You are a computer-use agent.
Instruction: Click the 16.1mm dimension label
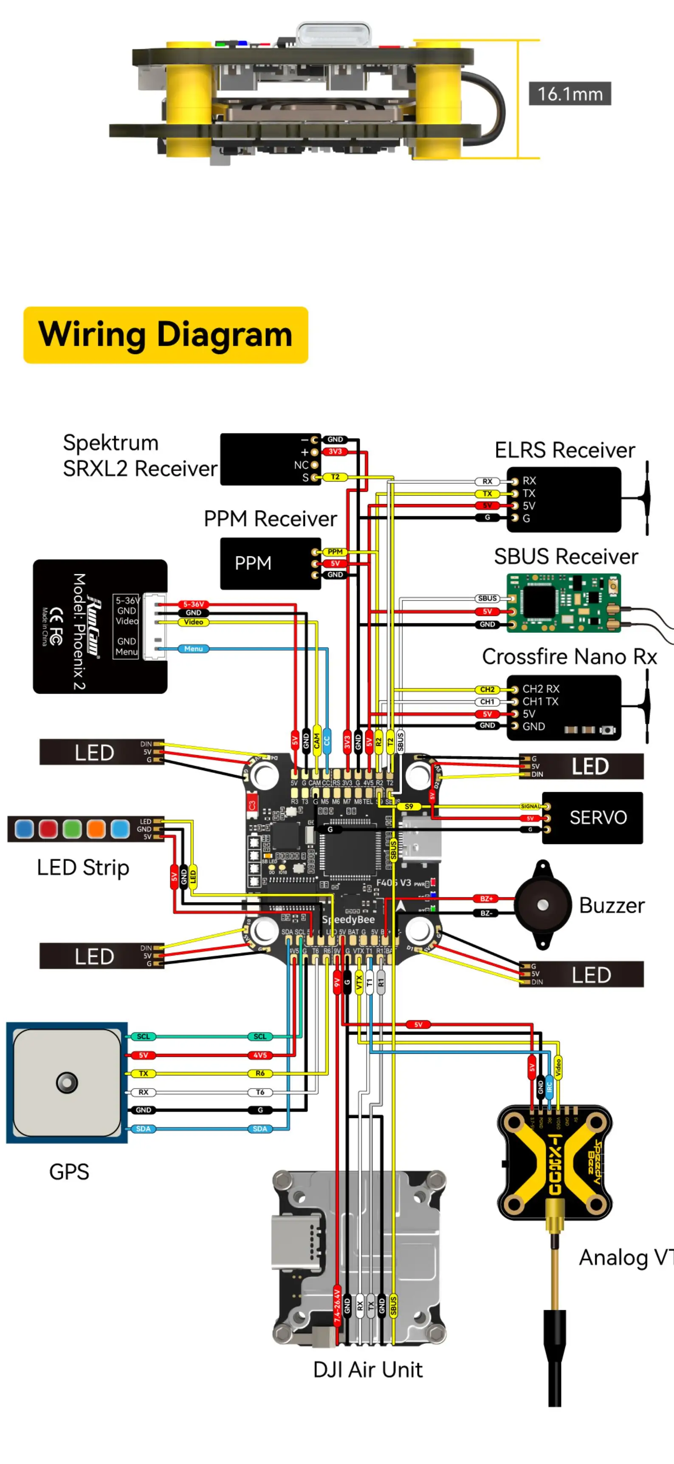(570, 94)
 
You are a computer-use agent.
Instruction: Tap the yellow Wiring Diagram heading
(165, 335)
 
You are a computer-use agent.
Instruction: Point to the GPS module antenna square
(67, 1082)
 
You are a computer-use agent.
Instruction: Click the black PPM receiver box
(271, 563)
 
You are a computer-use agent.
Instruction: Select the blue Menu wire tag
(193, 649)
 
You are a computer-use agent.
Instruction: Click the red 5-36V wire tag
(193, 604)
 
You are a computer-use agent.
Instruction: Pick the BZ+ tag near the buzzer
(486, 899)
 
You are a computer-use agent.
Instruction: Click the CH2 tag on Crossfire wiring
(487, 689)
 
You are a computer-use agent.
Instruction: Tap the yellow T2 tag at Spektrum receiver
(335, 477)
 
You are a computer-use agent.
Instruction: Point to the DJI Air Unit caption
(368, 1370)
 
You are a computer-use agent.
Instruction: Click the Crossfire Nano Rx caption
(570, 657)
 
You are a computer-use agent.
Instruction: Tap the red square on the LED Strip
(48, 829)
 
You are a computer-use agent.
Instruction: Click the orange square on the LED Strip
(96, 829)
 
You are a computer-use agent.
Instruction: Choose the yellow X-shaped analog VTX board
(554, 1162)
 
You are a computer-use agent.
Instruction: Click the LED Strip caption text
(83, 868)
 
